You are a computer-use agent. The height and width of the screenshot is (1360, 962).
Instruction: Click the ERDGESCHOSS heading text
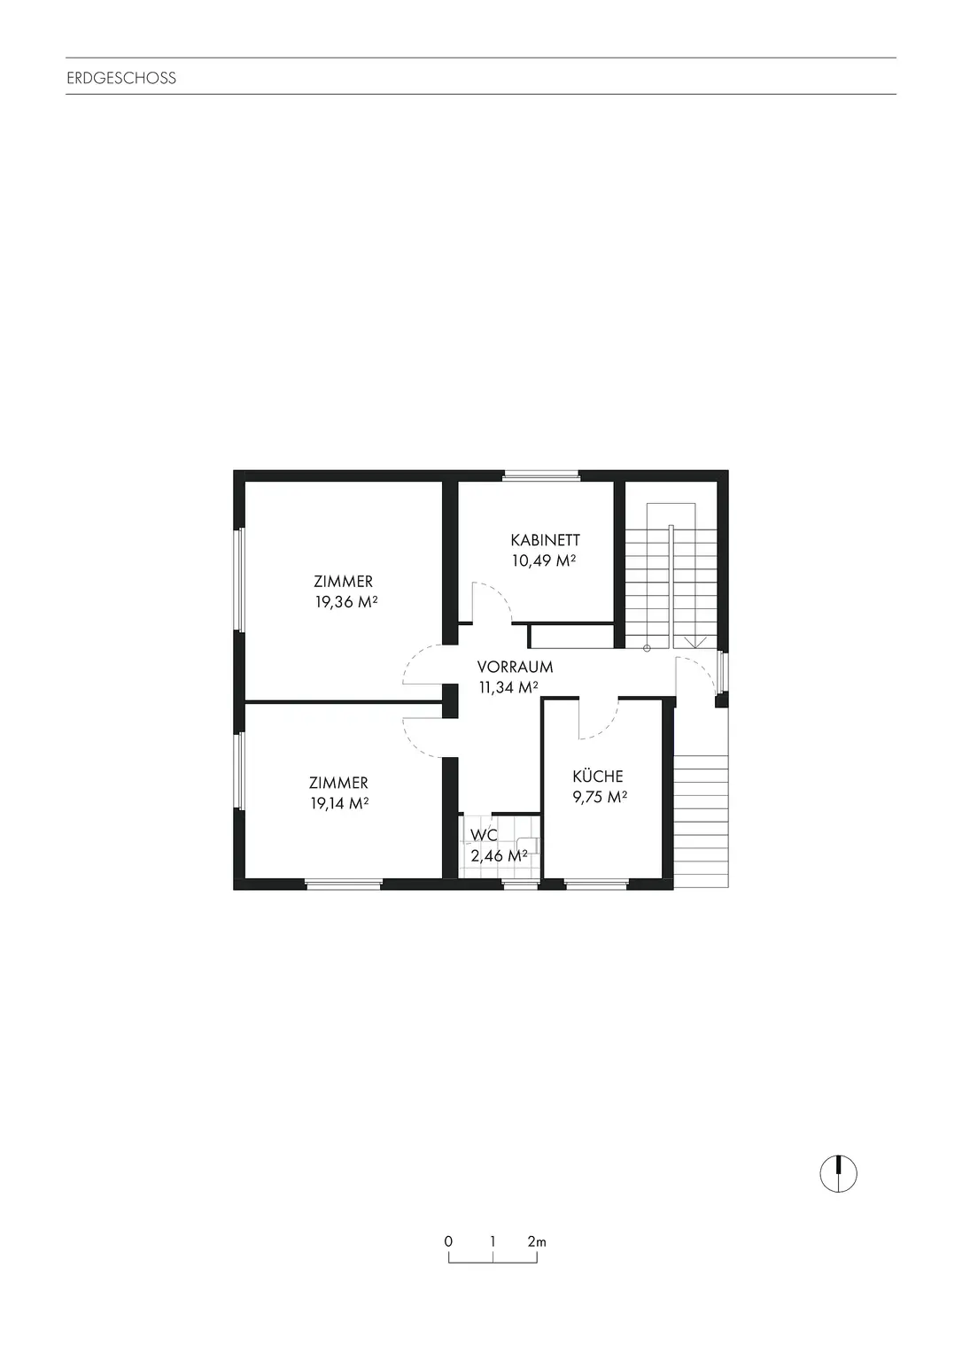121,78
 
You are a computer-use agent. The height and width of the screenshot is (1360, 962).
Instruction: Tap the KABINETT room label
545,539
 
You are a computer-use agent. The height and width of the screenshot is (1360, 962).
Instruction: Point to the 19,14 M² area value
339,804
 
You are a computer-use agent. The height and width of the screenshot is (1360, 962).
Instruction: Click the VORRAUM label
515,667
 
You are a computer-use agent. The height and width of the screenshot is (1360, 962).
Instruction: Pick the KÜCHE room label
598,777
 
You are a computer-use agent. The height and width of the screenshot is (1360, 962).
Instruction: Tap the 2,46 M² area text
500,855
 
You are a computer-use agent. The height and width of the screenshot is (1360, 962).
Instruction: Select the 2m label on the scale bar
537,1241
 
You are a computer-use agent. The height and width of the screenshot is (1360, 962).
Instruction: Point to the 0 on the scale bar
449,1241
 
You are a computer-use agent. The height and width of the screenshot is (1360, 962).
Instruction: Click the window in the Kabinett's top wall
540,475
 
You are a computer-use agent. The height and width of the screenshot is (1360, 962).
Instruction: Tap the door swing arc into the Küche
599,722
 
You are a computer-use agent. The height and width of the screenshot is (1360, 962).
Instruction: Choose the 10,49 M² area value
545,560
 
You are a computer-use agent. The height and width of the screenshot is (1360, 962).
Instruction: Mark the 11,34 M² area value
509,688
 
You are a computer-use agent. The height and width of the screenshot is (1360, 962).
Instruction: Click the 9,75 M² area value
600,797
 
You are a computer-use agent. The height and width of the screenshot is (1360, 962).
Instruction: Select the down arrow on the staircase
695,641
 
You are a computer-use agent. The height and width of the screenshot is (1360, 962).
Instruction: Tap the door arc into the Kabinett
491,602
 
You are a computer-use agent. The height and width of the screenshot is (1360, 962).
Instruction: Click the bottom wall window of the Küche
596,883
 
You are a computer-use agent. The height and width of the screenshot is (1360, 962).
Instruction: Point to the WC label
485,835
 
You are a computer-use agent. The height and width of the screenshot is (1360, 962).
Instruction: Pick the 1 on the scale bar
493,1241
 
